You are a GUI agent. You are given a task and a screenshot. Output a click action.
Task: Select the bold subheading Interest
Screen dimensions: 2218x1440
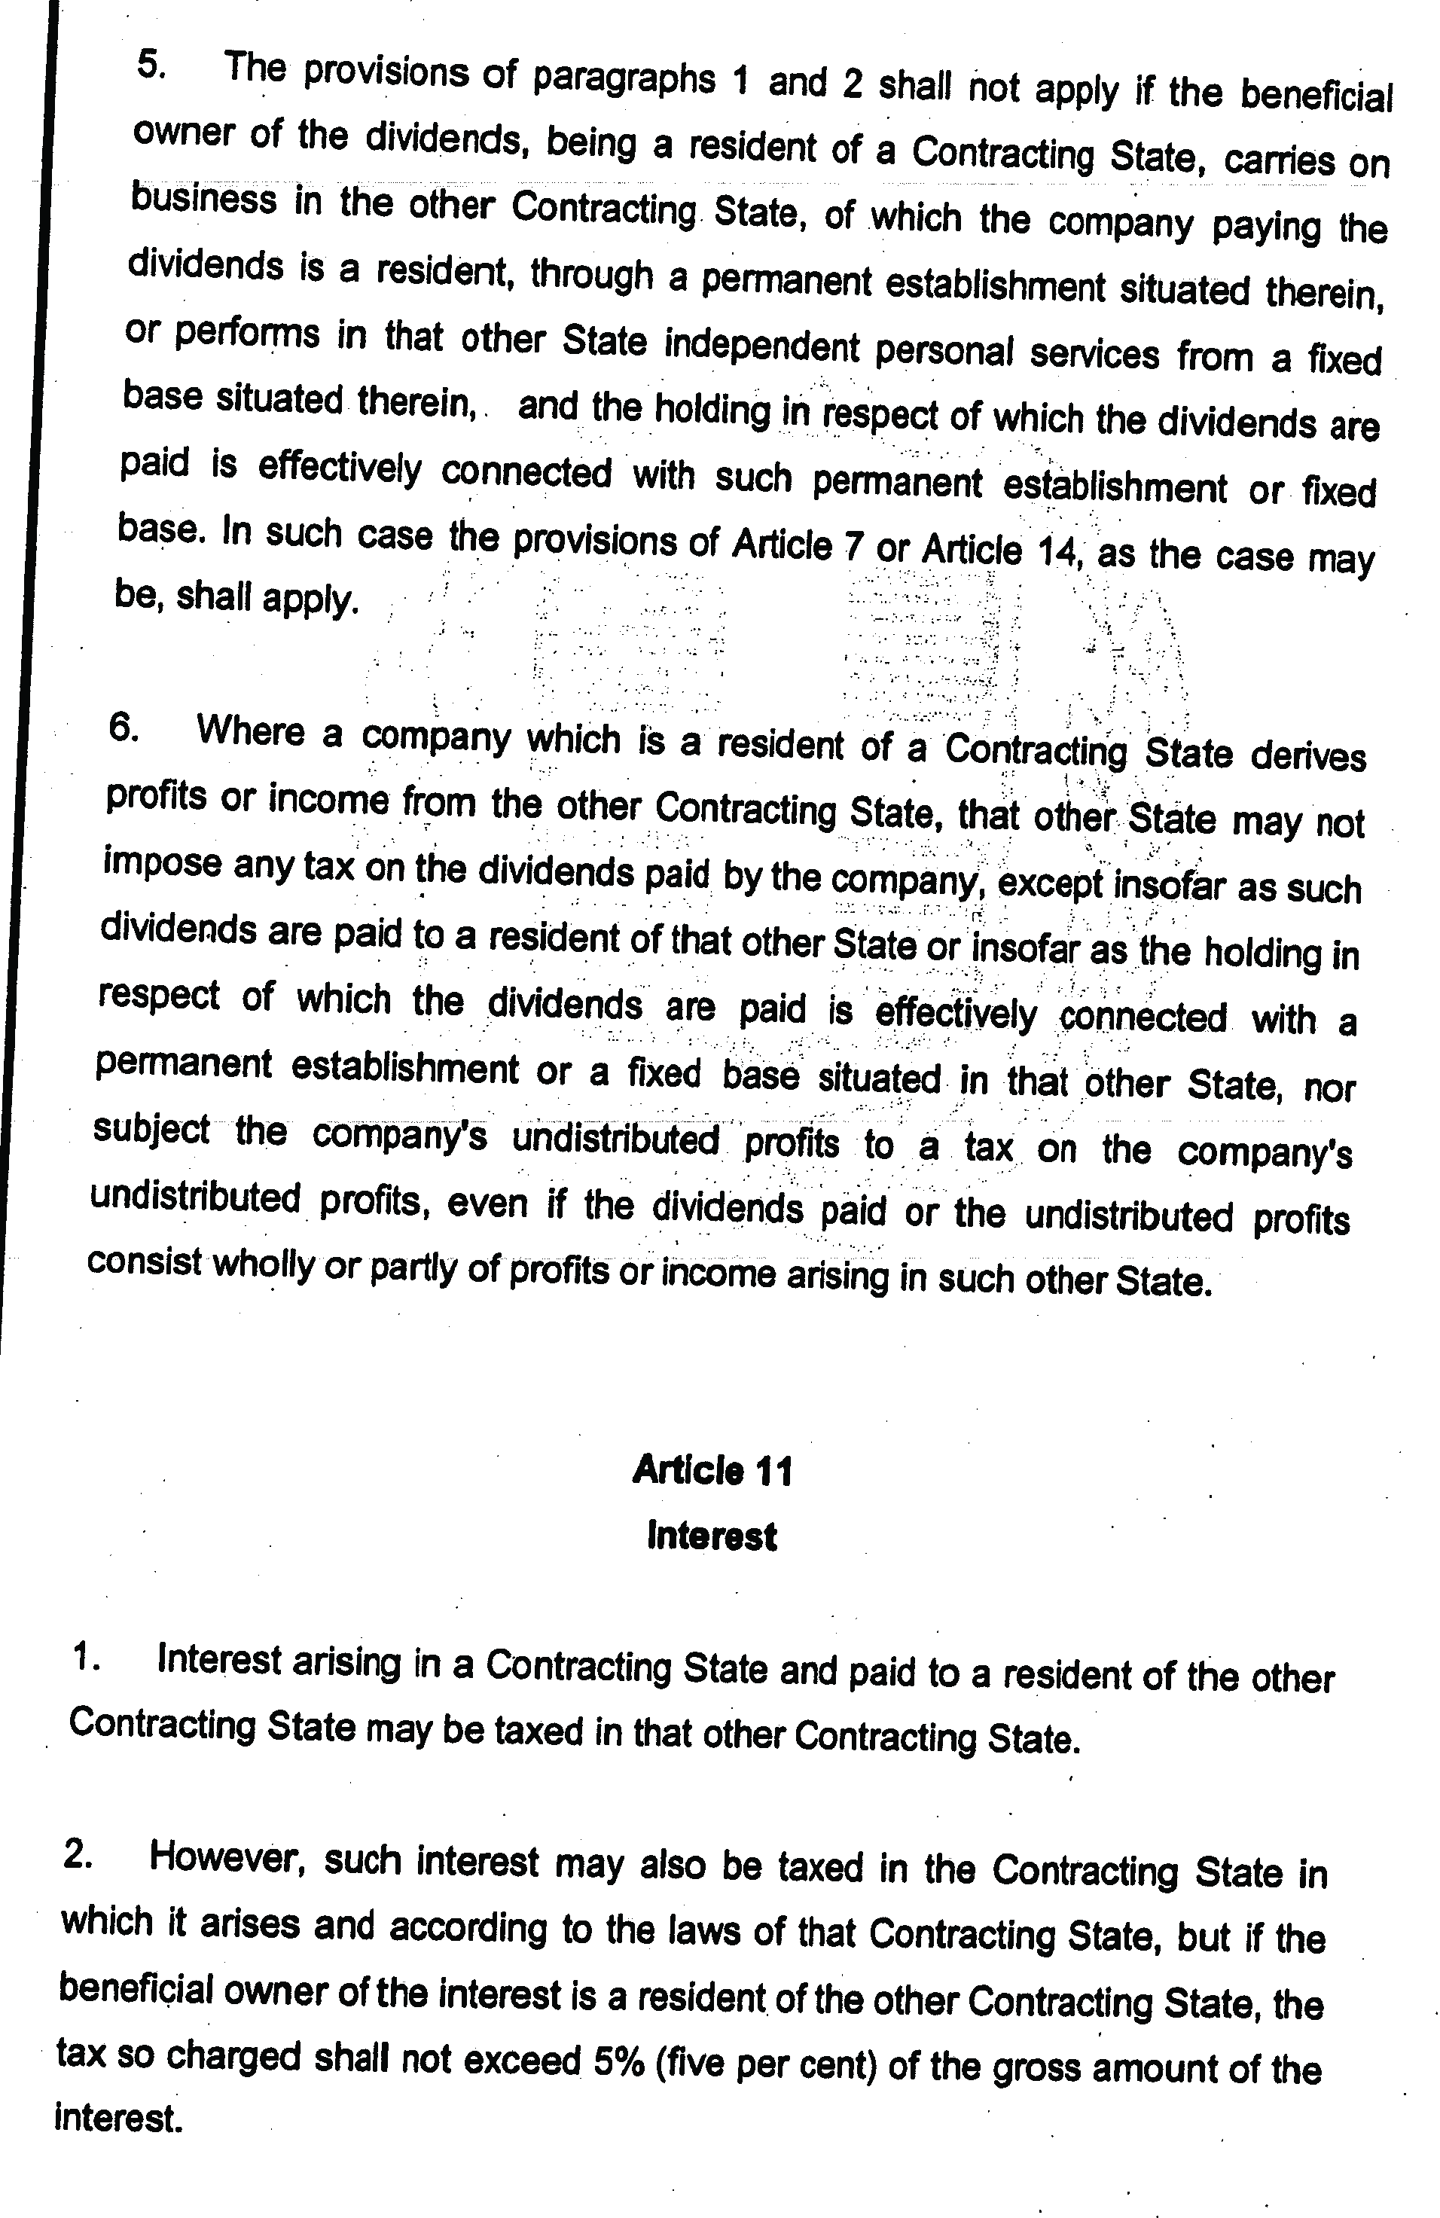coord(711,1535)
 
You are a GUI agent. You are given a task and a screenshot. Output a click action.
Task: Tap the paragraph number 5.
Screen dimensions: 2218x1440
coord(151,66)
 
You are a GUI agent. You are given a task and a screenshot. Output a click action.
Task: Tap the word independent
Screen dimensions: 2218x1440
coord(761,346)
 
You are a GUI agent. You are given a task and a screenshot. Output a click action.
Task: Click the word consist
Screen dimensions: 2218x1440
coord(145,1261)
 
